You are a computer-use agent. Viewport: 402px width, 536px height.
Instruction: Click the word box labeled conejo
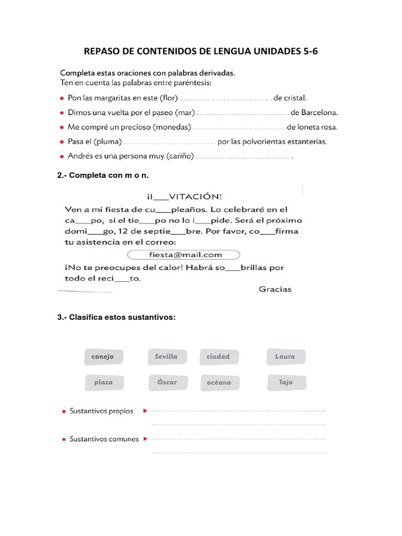coord(103,357)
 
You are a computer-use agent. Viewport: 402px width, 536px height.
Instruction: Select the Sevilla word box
coord(166,356)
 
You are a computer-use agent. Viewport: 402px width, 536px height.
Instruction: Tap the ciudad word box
coord(219,356)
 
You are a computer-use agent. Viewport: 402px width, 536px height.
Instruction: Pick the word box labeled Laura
coord(285,356)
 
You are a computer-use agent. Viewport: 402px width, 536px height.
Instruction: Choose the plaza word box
coord(104,383)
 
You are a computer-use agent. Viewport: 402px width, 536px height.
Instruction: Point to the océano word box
coord(219,383)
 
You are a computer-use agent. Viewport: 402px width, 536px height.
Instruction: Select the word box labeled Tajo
coord(286,382)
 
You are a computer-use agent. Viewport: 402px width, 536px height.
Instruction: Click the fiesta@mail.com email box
coord(184,255)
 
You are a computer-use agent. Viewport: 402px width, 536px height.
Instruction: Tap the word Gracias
coord(275,289)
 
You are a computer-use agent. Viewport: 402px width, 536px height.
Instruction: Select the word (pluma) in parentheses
coord(110,141)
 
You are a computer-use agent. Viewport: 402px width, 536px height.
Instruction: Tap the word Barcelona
coord(319,112)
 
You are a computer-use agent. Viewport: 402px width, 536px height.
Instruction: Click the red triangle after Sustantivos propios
coord(146,411)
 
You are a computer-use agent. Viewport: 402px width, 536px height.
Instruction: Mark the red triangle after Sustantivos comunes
coord(146,439)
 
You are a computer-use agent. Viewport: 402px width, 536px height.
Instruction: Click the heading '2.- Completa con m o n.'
coord(99,175)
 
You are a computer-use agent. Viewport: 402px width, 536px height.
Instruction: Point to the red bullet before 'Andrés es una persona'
coord(62,156)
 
